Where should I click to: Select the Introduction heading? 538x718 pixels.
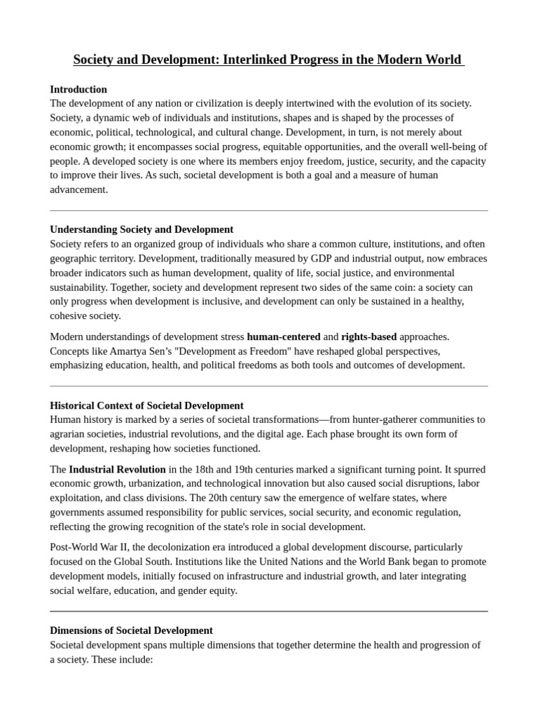[78, 89]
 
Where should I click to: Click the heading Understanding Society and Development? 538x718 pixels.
[142, 229]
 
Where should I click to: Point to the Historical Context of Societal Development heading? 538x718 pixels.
[146, 405]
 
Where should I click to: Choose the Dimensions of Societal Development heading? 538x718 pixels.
[131, 630]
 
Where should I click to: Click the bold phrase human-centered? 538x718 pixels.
[284, 337]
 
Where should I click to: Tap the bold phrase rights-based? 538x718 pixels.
[369, 337]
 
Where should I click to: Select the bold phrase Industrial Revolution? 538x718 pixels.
[117, 469]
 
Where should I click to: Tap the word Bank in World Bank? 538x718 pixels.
[416, 562]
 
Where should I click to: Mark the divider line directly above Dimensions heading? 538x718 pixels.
[269, 611]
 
